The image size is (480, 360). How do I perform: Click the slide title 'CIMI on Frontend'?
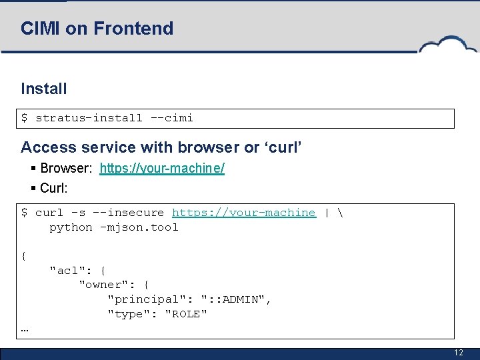tap(97, 29)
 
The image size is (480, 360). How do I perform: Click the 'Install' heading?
tap(44, 89)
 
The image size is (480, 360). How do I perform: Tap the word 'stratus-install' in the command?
tap(89, 118)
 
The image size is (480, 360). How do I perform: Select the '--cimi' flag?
tap(171, 118)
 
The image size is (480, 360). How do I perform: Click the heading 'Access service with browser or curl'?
tap(161, 147)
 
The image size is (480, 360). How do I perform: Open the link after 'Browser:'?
tap(162, 169)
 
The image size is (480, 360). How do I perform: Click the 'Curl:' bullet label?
tap(53, 188)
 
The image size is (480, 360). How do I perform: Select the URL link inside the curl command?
tap(243, 213)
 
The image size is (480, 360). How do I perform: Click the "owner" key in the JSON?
tap(103, 285)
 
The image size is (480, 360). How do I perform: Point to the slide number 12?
tap(458, 353)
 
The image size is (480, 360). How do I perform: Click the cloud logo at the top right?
tap(448, 45)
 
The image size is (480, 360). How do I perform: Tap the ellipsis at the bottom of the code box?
tap(25, 329)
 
